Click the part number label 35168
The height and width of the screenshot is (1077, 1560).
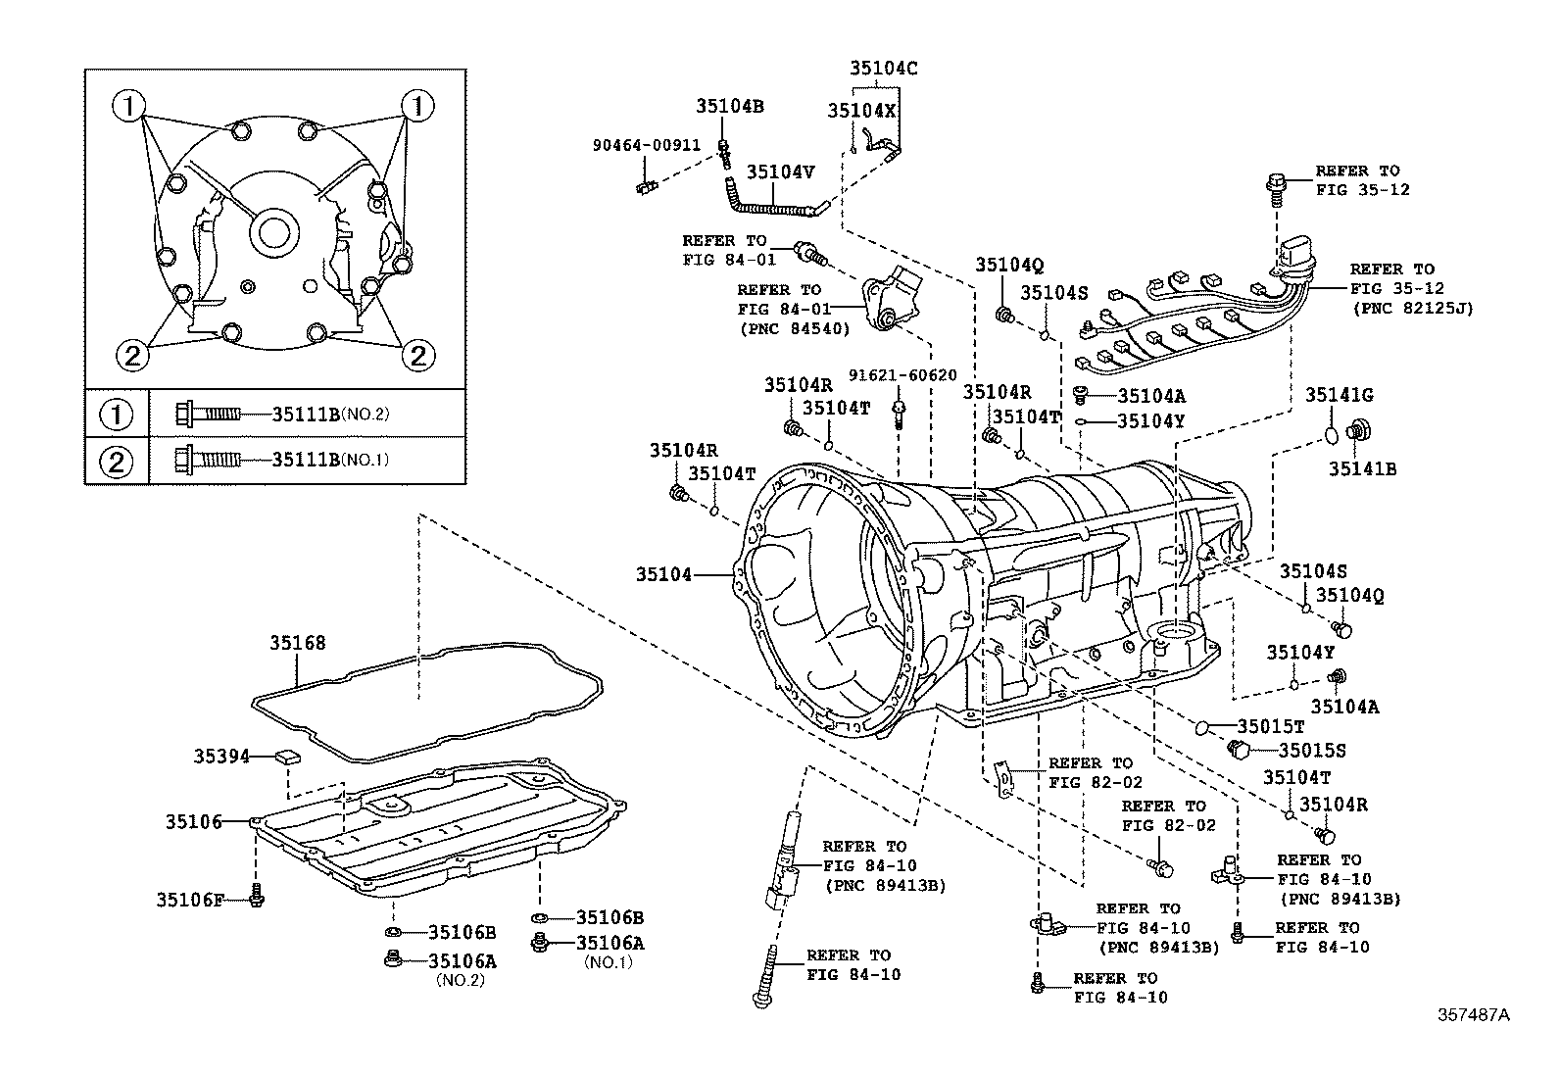tap(298, 643)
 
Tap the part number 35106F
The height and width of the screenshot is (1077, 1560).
tap(190, 898)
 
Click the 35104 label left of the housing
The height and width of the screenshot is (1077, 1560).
tap(663, 574)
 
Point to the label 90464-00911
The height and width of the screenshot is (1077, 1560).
tap(646, 145)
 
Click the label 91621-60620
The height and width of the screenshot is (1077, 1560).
tap(902, 375)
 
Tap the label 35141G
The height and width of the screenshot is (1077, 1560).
tap(1339, 395)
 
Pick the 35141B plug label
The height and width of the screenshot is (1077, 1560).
tap(1362, 469)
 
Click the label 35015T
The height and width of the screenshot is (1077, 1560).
tap(1270, 726)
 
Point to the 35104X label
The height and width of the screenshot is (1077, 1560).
tap(861, 111)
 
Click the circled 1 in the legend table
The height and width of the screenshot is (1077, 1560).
tap(116, 415)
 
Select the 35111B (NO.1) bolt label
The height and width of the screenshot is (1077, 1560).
tap(306, 458)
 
